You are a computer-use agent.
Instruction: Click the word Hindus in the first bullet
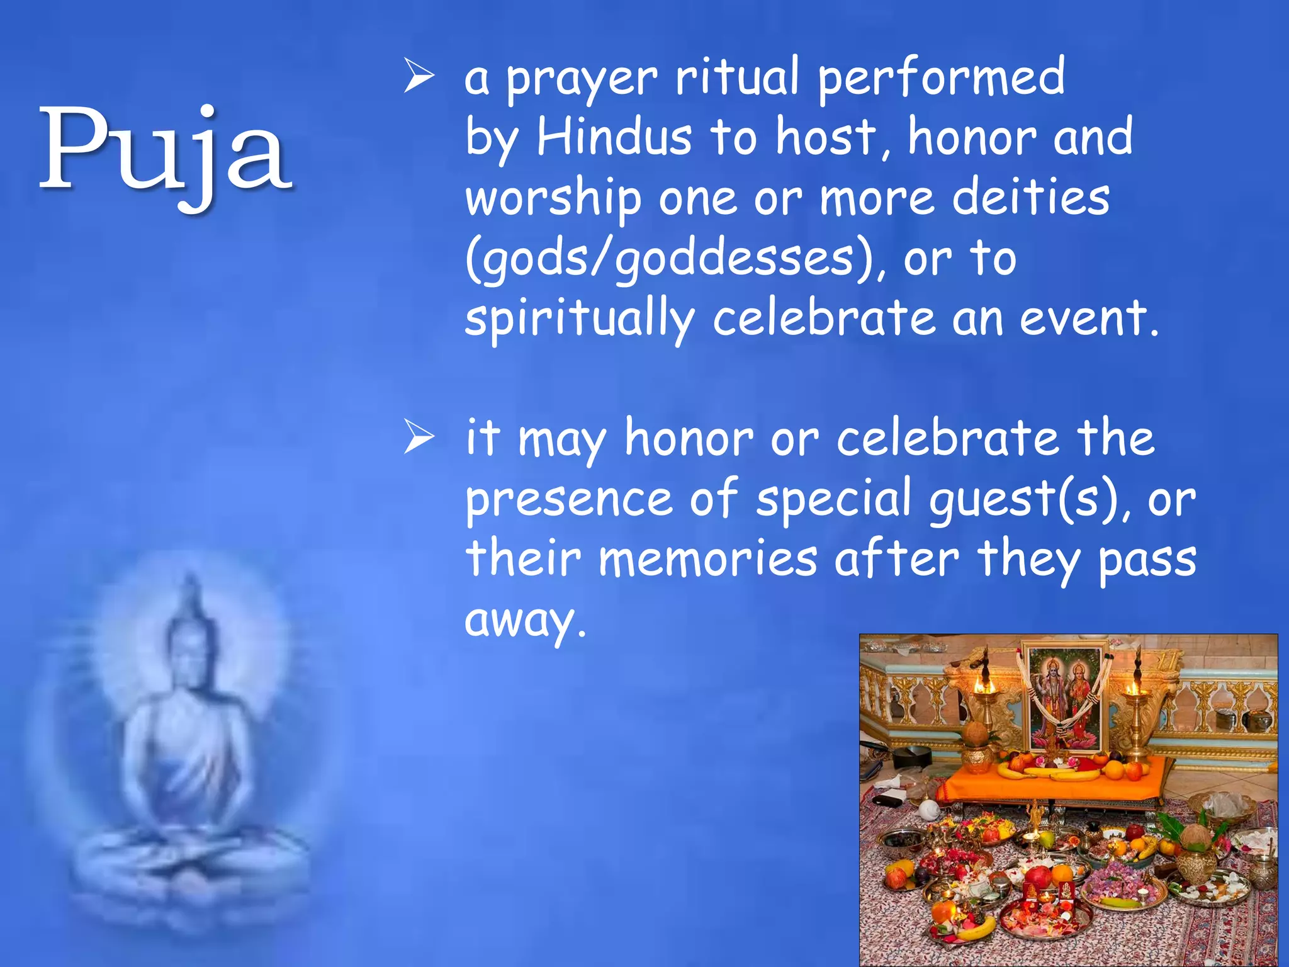click(614, 137)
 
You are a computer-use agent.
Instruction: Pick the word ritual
click(737, 77)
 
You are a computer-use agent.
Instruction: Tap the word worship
click(553, 198)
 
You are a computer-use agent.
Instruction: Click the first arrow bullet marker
click(419, 77)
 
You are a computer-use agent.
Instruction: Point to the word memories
click(707, 559)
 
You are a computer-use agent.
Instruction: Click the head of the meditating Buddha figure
click(189, 642)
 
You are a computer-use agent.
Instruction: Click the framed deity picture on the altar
click(1064, 696)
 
